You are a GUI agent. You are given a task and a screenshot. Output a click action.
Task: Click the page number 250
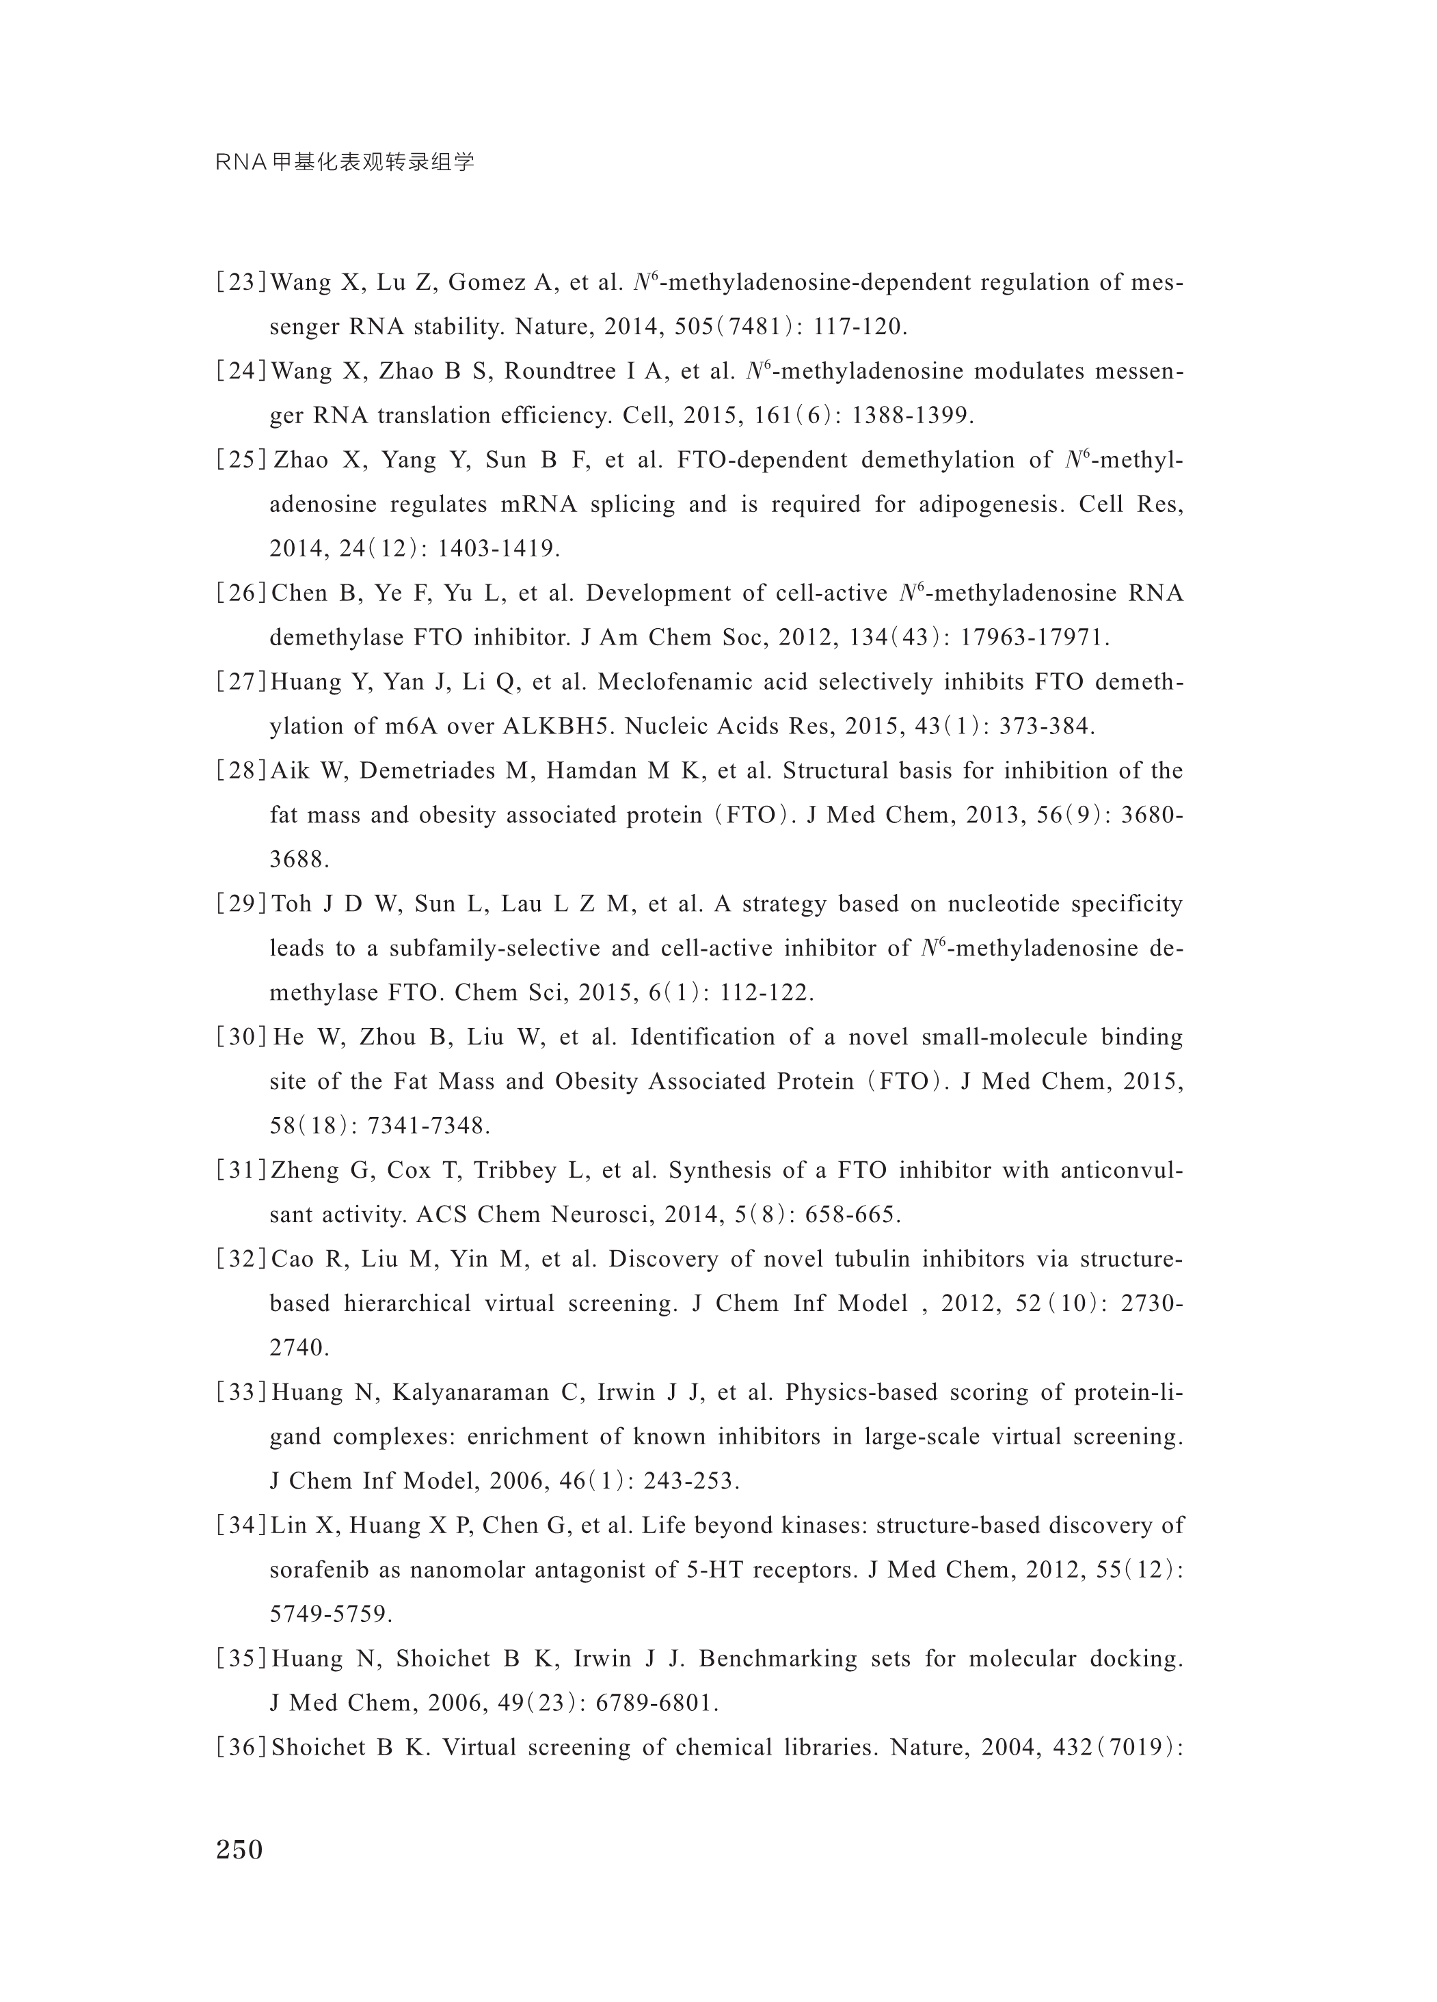tap(239, 1848)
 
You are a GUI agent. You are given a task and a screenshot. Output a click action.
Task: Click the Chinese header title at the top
tap(345, 163)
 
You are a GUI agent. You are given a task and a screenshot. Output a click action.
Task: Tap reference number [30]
tap(241, 1037)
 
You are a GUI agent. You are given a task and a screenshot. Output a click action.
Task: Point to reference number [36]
tap(241, 1747)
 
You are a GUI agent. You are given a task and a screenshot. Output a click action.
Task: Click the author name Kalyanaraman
tap(467, 1392)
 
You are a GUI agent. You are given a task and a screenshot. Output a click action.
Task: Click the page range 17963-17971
tap(1033, 638)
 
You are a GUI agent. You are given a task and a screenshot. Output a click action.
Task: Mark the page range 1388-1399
tap(912, 416)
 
